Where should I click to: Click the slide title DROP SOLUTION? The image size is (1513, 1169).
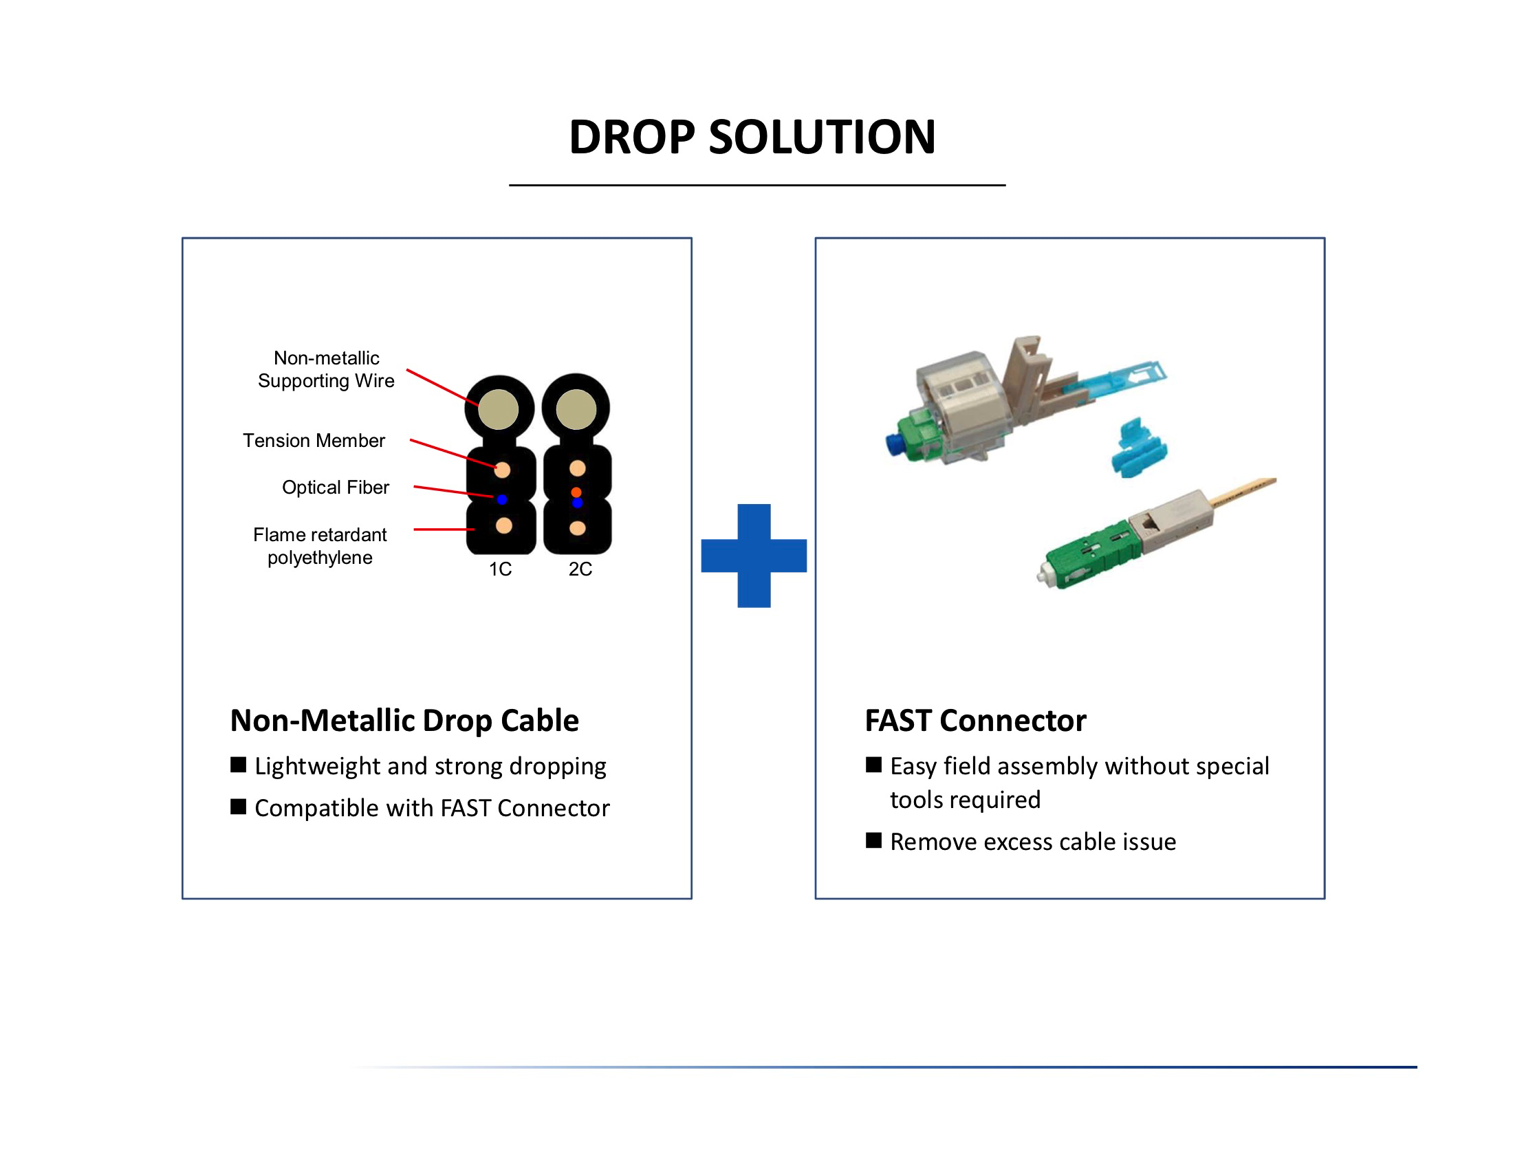[752, 136]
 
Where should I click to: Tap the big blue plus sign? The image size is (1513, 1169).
[754, 556]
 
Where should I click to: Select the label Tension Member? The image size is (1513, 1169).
[314, 441]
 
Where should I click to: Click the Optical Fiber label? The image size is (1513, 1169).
[336, 488]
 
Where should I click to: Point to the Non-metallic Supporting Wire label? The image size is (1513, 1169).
[325, 369]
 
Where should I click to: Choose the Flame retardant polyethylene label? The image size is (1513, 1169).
[319, 546]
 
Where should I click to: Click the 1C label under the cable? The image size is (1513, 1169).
[499, 569]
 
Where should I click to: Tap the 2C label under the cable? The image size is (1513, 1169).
[580, 569]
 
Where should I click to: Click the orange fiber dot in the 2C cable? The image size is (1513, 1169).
[576, 492]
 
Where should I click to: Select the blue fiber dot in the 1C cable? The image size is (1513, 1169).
[502, 499]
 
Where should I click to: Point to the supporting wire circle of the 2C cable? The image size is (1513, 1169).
[576, 408]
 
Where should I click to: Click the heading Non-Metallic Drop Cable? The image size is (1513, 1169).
[404, 720]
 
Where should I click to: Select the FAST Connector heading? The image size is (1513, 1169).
[975, 720]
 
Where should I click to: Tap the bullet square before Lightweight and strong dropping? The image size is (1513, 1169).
[239, 765]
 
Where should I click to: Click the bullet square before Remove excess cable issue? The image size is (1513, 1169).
[873, 841]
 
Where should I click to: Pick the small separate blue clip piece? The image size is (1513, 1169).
[1138, 447]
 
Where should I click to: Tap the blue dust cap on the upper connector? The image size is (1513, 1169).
[893, 444]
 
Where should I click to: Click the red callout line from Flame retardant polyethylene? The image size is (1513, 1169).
[444, 529]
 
